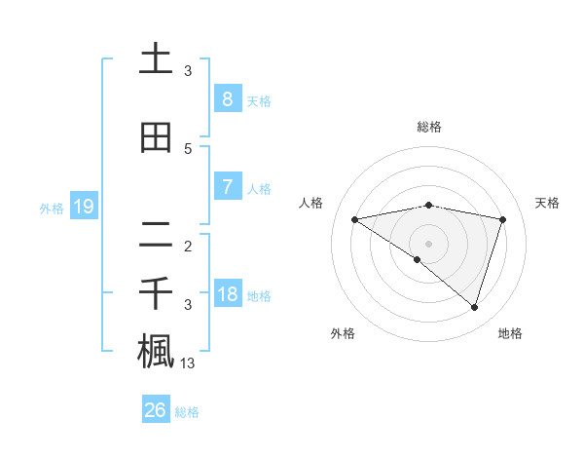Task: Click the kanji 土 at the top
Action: (x=156, y=59)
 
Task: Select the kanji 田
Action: (x=156, y=137)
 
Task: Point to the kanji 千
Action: (x=156, y=292)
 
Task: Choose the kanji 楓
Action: (x=156, y=351)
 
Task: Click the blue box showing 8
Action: (x=227, y=98)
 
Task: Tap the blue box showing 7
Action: (x=227, y=187)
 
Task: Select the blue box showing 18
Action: (x=227, y=294)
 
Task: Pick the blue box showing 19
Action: (x=83, y=207)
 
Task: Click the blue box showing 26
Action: (x=156, y=410)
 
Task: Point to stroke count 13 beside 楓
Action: (x=189, y=363)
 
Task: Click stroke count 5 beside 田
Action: (x=188, y=149)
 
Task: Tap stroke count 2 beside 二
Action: (x=188, y=247)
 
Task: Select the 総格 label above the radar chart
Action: (x=429, y=127)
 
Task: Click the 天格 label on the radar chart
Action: (x=547, y=203)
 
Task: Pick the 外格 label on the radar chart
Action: (x=343, y=333)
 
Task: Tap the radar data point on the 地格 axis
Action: (x=474, y=307)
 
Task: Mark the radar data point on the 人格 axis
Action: (x=354, y=219)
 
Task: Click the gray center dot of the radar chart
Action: (x=428, y=243)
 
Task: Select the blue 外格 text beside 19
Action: (x=52, y=208)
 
